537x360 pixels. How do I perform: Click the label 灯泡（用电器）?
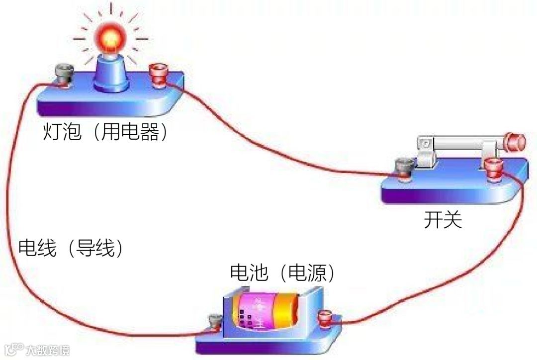(105, 132)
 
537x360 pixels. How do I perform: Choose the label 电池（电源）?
(282, 272)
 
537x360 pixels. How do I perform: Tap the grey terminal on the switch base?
(402, 168)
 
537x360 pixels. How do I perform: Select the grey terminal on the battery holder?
(215, 322)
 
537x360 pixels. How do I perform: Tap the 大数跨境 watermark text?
(48, 350)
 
